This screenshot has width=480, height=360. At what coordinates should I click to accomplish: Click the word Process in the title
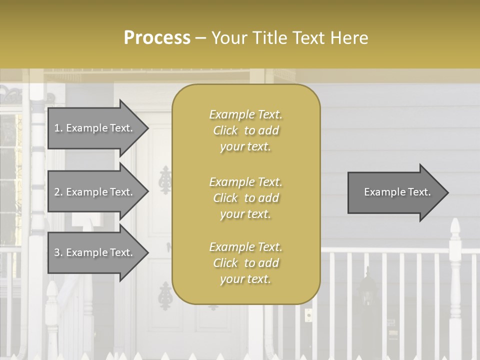click(x=157, y=38)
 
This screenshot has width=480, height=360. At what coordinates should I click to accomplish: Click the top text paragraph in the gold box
click(x=245, y=130)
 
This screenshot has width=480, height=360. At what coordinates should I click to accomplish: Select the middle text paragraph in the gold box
click(x=245, y=198)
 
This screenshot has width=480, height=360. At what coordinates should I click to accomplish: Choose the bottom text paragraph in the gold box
click(x=245, y=263)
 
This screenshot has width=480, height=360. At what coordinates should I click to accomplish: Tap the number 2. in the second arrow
click(x=58, y=192)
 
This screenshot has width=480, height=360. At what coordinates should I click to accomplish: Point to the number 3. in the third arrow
click(x=58, y=252)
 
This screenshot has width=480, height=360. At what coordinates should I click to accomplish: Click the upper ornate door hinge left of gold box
click(x=165, y=180)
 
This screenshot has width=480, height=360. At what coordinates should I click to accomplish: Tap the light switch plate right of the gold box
click(x=308, y=315)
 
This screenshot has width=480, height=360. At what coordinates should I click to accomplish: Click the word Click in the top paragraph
click(x=225, y=130)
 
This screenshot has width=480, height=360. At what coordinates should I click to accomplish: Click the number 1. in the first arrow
click(x=58, y=128)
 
